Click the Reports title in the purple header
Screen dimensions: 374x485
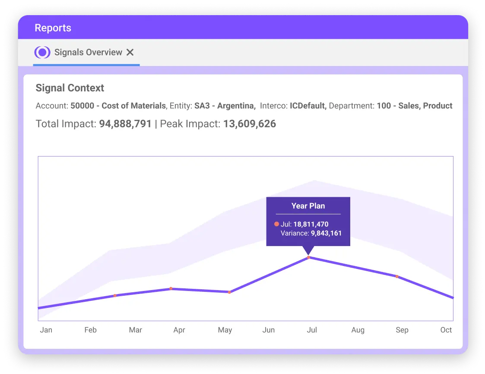tap(53, 28)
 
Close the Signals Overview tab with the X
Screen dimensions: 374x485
tap(130, 52)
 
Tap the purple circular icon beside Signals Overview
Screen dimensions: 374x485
tap(42, 52)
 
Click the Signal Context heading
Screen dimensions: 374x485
tap(70, 88)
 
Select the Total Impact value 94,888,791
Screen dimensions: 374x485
tap(125, 124)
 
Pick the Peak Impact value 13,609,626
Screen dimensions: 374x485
tap(249, 124)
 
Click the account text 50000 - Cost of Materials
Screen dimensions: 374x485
tap(118, 105)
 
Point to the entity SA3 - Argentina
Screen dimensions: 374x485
tap(224, 105)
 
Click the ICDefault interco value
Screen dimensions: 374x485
tap(308, 105)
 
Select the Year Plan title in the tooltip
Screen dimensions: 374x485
tap(308, 206)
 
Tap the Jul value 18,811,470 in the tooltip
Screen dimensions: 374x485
tap(311, 224)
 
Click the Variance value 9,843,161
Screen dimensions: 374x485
tap(326, 233)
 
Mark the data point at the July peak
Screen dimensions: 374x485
tap(308, 258)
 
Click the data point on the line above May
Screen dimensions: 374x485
tap(229, 292)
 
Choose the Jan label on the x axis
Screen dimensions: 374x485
tap(46, 330)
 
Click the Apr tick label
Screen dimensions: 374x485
tap(179, 330)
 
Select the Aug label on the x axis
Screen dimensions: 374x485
tap(358, 330)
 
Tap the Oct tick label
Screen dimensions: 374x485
tap(446, 330)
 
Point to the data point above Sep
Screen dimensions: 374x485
tap(397, 276)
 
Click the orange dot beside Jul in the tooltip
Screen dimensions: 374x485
tap(276, 224)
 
